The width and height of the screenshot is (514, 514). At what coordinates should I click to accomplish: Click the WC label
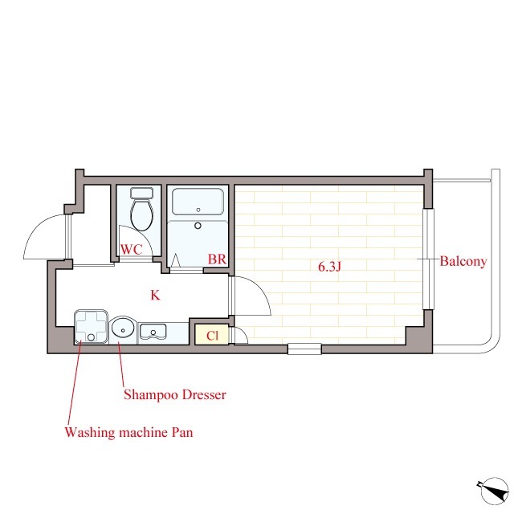coord(132,250)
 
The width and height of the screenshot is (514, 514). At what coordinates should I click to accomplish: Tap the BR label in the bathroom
coord(217,259)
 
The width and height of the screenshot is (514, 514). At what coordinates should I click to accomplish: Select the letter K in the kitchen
coord(155,296)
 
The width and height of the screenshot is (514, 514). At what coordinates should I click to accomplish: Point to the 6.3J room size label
coord(329,267)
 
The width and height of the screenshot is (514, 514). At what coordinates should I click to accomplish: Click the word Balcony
coord(463,261)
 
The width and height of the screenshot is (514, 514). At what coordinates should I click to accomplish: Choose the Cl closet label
coord(212,336)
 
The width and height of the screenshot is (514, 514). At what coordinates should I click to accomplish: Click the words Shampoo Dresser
coord(175,394)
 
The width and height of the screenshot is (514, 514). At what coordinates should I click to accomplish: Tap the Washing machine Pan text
coord(128,432)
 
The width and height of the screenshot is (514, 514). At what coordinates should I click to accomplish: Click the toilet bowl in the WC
coord(141,214)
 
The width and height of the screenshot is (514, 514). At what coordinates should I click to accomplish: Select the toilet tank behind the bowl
coord(141,193)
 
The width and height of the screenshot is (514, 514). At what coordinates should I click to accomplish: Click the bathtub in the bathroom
coord(198,202)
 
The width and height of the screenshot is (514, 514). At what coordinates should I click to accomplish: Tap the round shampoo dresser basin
coord(123,328)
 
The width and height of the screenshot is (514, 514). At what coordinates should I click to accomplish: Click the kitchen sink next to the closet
coord(153,332)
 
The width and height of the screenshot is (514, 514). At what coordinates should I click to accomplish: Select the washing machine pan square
coord(91,327)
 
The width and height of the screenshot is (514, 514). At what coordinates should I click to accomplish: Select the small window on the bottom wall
coord(304,349)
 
